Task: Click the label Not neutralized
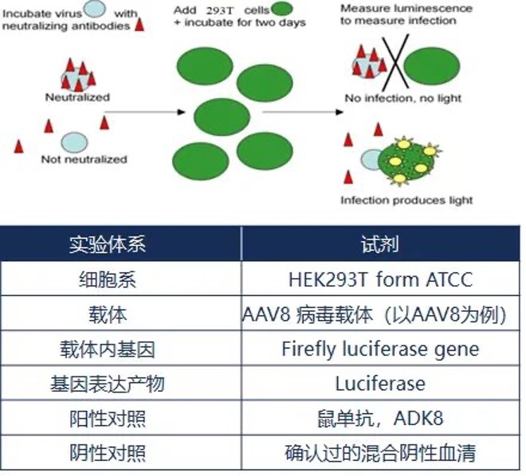pyautogui.click(x=84, y=159)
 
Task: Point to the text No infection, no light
pyautogui.click(x=402, y=99)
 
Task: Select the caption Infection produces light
pyautogui.click(x=406, y=200)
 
